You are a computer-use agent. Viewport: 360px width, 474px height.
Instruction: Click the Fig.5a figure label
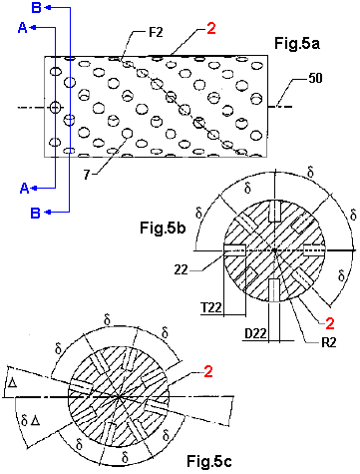297,44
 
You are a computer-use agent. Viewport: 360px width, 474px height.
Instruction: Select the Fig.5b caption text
163,229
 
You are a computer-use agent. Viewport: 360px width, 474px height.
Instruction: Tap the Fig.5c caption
209,461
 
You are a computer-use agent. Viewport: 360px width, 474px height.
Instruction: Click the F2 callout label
156,33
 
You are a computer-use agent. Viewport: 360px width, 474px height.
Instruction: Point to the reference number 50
315,78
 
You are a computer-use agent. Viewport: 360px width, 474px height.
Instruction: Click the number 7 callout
87,175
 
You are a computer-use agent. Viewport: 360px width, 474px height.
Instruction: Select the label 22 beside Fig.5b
181,269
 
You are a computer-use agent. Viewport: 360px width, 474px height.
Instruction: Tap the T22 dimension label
211,307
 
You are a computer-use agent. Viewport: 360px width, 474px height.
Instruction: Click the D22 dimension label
256,333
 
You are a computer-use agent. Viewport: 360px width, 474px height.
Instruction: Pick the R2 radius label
329,343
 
